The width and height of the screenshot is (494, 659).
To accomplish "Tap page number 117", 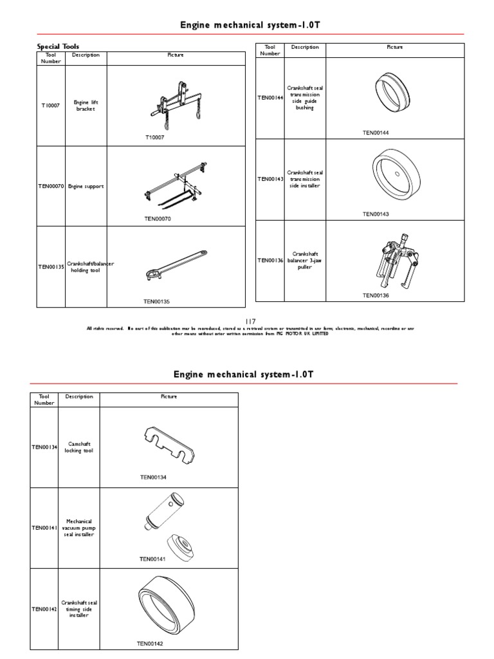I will pos(250,321).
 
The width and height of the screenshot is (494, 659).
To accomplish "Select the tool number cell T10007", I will pos(51,106).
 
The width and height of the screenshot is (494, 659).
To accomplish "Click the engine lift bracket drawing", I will pos(174,106).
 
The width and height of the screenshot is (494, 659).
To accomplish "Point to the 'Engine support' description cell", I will pos(86,187).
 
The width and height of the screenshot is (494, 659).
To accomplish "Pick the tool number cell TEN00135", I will pos(51,266).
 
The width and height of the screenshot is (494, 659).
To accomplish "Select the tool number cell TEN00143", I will pos(271,179).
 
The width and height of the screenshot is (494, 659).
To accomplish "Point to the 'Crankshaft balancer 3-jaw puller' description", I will pos(304,260).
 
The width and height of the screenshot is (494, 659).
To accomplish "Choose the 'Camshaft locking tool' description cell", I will pos(78,447).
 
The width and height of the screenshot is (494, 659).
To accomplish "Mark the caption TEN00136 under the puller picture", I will pos(376,295).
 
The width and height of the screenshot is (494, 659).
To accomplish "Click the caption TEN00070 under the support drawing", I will pos(158,219).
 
